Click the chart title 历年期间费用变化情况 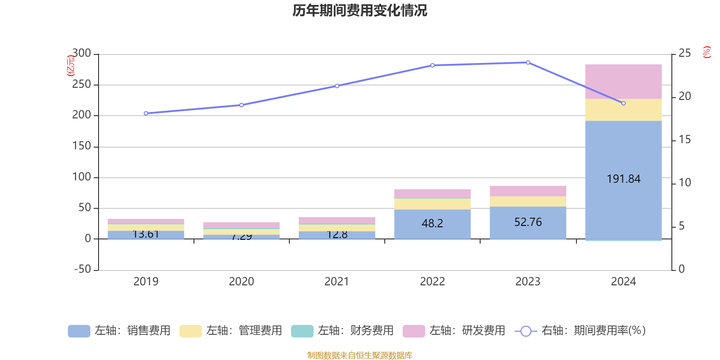click(360, 10)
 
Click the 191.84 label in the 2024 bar click(623, 179)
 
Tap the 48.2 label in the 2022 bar click(432, 223)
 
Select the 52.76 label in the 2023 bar click(528, 222)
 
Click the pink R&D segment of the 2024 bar click(623, 81)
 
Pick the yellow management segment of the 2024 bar click(623, 110)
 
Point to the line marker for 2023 click(528, 63)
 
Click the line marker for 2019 click(146, 113)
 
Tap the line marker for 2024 click(623, 103)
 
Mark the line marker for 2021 click(337, 86)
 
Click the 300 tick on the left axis click(82, 54)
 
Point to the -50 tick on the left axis click(83, 269)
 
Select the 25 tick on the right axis click(684, 54)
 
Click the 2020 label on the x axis click(241, 282)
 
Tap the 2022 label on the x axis click(432, 282)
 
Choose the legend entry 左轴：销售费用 click(119, 331)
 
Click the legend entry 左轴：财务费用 click(342, 331)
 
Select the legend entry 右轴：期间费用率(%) click(580, 331)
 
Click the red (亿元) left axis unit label click(70, 66)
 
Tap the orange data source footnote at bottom click(360, 355)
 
